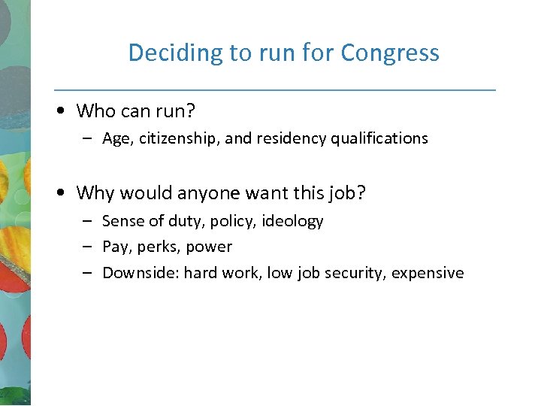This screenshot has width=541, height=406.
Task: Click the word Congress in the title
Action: click(x=390, y=53)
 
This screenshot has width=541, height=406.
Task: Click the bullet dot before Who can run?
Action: click(x=61, y=111)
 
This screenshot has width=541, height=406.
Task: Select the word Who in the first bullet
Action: click(x=95, y=111)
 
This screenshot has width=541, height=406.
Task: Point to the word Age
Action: click(x=116, y=139)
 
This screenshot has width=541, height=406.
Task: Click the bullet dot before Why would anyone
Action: click(x=61, y=193)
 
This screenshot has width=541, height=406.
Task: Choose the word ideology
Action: click(x=292, y=221)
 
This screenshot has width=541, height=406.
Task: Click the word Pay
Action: click(x=116, y=247)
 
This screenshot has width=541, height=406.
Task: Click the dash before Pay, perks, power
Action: click(x=87, y=247)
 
